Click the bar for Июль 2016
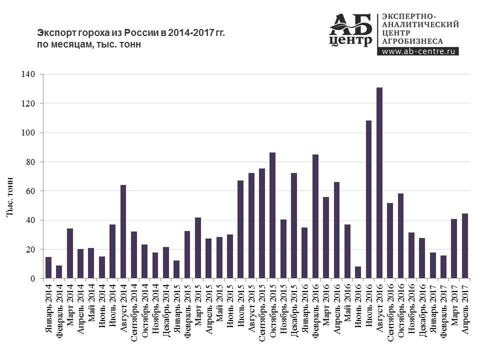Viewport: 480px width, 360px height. [368, 199]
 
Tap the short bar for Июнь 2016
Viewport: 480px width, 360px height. [358, 272]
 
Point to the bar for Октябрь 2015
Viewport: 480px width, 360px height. [272, 215]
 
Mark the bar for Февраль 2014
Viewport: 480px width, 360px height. [59, 272]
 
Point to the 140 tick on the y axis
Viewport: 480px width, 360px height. [28, 74]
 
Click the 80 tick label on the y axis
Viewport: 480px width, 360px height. [30, 162]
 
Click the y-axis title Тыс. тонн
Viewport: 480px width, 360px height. [10, 197]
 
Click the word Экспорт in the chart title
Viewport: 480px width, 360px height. [54, 33]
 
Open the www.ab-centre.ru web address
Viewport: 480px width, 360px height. [419, 51]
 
